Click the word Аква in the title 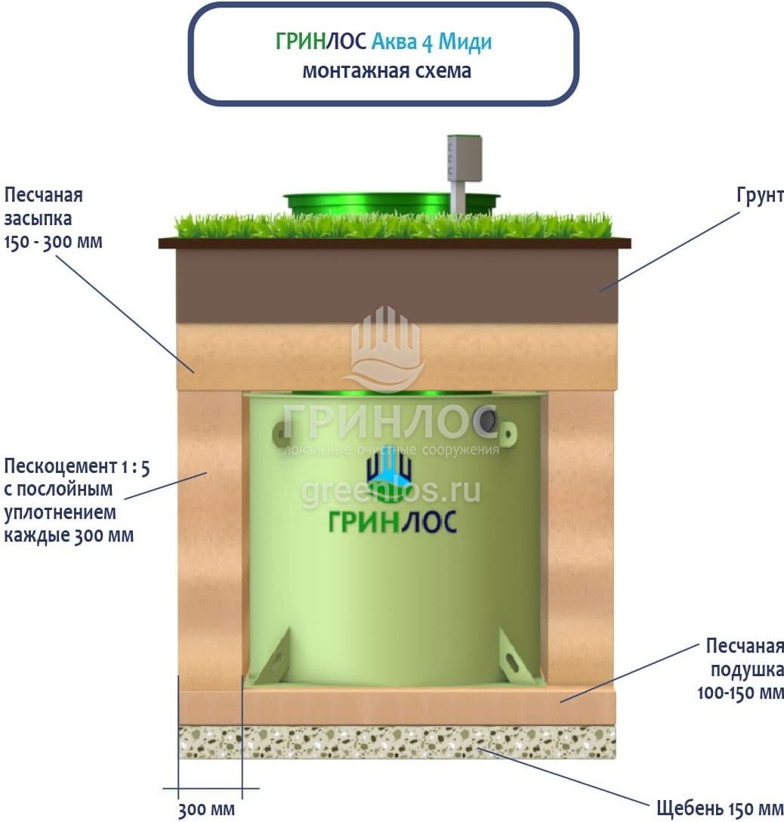click(x=394, y=42)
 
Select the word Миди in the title click(x=465, y=42)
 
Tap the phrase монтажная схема click(x=387, y=71)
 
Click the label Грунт click(x=760, y=195)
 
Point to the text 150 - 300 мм click(x=53, y=243)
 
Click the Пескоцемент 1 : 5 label click(x=76, y=466)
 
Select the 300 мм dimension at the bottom click(x=206, y=809)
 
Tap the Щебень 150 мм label click(x=720, y=808)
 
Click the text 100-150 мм click(x=740, y=693)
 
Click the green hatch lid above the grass click(x=391, y=202)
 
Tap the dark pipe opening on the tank click(x=489, y=419)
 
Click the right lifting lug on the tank click(x=508, y=433)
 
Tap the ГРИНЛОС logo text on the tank click(x=392, y=521)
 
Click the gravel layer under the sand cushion click(x=397, y=742)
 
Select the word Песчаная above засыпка click(x=44, y=195)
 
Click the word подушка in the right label click(x=747, y=669)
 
